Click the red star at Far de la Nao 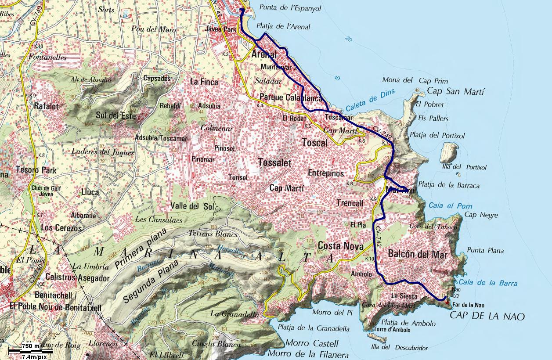tap(447, 302)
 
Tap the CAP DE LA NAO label tap(487, 316)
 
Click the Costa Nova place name tap(340, 246)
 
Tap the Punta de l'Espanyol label tap(290, 8)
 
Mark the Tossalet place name tap(274, 163)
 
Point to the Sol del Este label tap(115, 116)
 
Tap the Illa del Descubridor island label tap(400, 348)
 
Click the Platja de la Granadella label tap(314, 328)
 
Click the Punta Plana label tap(485, 251)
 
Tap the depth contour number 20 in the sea tap(349, 39)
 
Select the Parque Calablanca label tap(291, 97)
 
